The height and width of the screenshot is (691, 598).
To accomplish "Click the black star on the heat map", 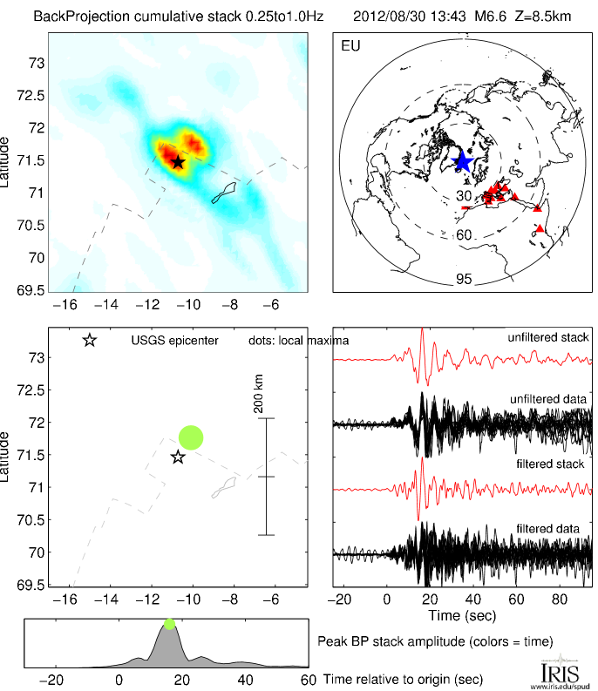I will click(178, 162).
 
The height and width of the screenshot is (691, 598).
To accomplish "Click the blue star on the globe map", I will click(463, 161).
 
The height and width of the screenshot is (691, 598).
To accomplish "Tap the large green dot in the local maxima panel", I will click(191, 437).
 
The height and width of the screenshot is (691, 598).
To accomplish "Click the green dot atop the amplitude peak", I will click(169, 624).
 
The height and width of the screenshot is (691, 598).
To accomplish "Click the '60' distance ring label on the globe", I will click(464, 235).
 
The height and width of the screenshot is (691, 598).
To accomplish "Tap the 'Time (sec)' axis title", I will click(463, 615).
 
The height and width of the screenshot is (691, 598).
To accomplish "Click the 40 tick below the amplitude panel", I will click(245, 680).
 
